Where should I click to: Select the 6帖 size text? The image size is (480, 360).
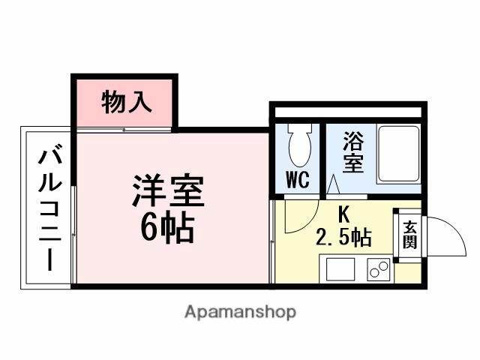tap(168, 227)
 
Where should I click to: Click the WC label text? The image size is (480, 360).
tap(298, 181)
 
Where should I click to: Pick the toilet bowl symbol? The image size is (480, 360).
tap(298, 146)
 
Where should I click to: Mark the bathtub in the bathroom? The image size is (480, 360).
tap(398, 154)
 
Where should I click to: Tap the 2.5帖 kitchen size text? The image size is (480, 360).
tap(343, 238)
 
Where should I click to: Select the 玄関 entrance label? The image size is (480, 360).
tap(409, 235)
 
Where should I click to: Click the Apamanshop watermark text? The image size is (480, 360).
tap(239, 311)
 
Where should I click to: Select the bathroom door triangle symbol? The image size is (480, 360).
tap(334, 184)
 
